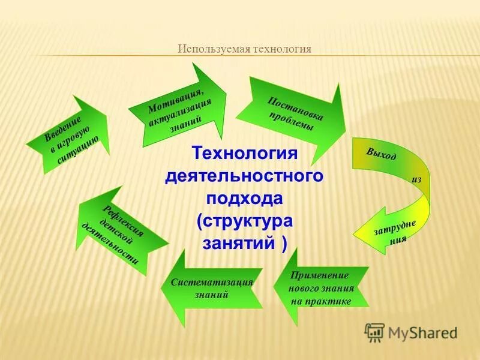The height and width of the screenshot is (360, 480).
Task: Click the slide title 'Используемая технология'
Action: (244, 49)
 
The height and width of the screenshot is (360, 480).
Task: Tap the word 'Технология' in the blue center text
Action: (244, 154)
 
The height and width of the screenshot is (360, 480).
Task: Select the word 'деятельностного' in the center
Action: (244, 176)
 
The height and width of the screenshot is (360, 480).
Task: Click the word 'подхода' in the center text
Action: (244, 199)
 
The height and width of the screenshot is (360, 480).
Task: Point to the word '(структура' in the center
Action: (244, 221)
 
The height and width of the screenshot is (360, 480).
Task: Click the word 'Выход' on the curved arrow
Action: (380, 154)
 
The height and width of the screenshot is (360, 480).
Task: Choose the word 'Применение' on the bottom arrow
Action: (319, 275)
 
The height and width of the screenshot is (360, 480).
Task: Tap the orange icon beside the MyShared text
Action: (374, 331)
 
